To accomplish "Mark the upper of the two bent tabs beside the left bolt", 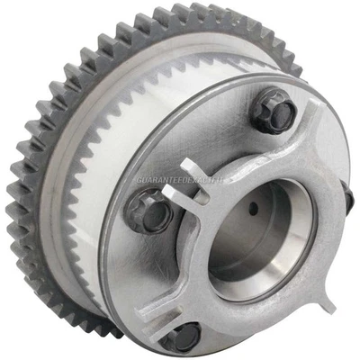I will click(193, 171).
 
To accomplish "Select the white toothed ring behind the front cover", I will click(108, 180).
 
